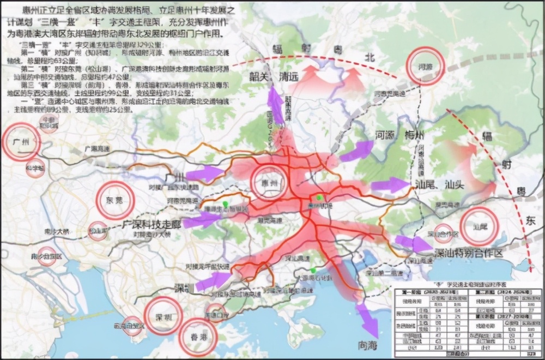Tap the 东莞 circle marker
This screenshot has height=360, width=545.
[115, 201]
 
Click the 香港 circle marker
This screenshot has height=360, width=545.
[198, 337]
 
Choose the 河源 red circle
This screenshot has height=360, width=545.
[426, 65]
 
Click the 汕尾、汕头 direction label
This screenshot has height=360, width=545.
[440, 184]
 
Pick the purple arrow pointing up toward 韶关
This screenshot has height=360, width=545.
[275, 105]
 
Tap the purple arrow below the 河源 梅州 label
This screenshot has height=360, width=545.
[357, 151]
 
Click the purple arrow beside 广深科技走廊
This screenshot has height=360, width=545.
[201, 220]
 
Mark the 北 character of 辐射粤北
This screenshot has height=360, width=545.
[370, 57]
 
